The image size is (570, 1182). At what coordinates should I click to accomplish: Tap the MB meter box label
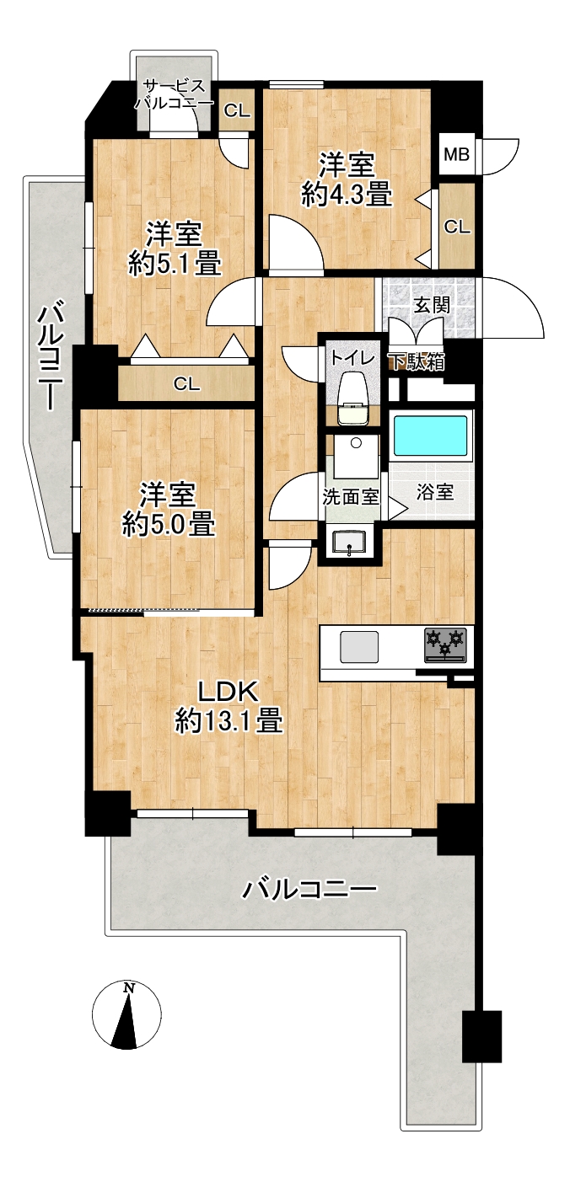456,155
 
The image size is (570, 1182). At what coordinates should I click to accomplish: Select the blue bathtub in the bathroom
431,437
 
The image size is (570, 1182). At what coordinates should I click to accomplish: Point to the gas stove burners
446,644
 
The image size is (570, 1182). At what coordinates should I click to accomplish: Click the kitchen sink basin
359,647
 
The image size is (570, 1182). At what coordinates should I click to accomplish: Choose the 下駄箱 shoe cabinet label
417,361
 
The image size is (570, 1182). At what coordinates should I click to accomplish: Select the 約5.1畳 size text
175,264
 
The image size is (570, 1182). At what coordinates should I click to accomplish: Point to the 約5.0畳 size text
169,525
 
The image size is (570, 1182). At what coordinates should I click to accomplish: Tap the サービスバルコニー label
175,94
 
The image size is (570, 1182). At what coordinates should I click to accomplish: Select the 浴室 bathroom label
435,492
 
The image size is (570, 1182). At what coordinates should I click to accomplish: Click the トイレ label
353,359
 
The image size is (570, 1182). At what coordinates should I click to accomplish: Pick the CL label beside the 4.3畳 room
457,227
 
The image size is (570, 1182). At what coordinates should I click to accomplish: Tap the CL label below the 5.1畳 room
187,383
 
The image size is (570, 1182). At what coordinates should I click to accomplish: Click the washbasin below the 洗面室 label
348,542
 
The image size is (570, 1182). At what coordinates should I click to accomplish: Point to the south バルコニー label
309,889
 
